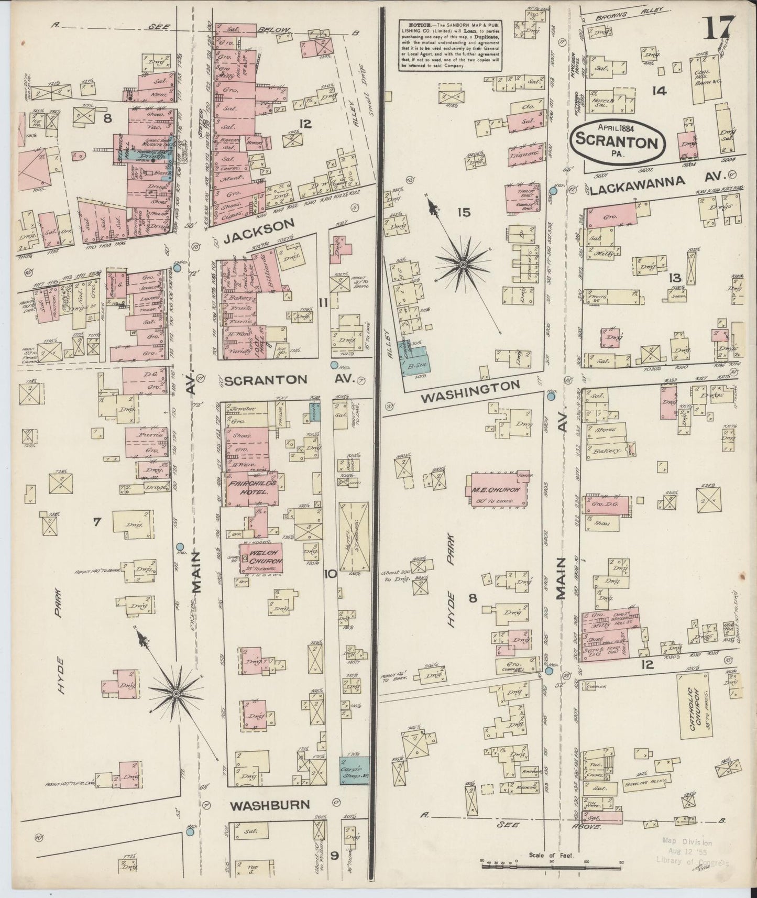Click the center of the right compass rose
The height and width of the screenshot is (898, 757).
tap(463, 265)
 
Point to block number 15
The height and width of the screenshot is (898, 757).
tap(463, 213)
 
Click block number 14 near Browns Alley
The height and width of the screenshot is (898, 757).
tap(659, 91)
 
